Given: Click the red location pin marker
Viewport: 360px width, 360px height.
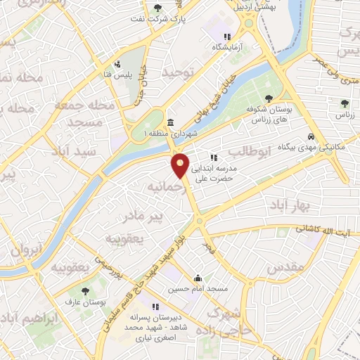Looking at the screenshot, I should point(181,165).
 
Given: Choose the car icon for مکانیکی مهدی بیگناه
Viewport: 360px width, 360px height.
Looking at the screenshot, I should point(311,137).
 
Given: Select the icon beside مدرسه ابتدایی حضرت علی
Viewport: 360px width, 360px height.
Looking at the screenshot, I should point(214,157).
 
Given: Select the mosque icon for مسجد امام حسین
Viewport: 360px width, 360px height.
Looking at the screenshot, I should point(198,277).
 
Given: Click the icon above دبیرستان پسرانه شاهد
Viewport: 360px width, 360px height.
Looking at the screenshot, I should point(156,307).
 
